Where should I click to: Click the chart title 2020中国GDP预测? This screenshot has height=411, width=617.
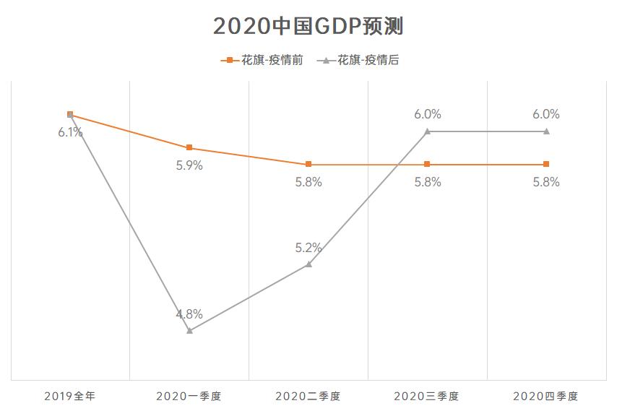(x=308, y=26)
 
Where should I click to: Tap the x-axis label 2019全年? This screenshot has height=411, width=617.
(x=70, y=396)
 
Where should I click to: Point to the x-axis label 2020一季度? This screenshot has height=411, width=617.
(x=189, y=396)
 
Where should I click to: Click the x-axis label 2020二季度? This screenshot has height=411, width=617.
(x=308, y=396)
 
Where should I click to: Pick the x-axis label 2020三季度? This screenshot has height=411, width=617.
(x=426, y=396)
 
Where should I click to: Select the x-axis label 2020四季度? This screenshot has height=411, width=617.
(x=545, y=396)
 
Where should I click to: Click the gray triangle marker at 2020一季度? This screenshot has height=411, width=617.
(x=189, y=330)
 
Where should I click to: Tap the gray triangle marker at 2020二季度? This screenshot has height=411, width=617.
(x=308, y=264)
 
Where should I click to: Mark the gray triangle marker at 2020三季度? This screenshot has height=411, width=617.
(x=427, y=131)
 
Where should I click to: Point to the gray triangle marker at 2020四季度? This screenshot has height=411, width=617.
(x=546, y=131)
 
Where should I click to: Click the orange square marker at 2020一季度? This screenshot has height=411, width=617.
(x=189, y=147)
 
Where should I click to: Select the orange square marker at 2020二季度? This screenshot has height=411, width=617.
(x=308, y=164)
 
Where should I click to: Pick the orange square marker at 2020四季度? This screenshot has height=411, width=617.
(x=546, y=164)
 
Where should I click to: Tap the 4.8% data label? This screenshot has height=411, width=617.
(x=189, y=314)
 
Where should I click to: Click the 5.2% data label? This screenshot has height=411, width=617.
(x=308, y=248)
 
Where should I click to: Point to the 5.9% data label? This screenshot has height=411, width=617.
(x=189, y=165)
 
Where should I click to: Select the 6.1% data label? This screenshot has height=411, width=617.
(x=70, y=132)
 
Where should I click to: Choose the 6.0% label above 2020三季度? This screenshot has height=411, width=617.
(x=427, y=114)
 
